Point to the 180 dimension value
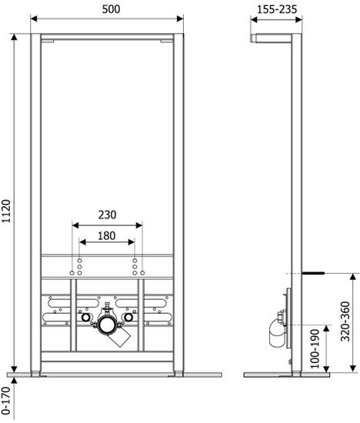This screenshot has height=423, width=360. [x=107, y=238]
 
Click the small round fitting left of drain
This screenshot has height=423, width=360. [x=84, y=317]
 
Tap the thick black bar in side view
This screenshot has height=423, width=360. [x=312, y=272]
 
